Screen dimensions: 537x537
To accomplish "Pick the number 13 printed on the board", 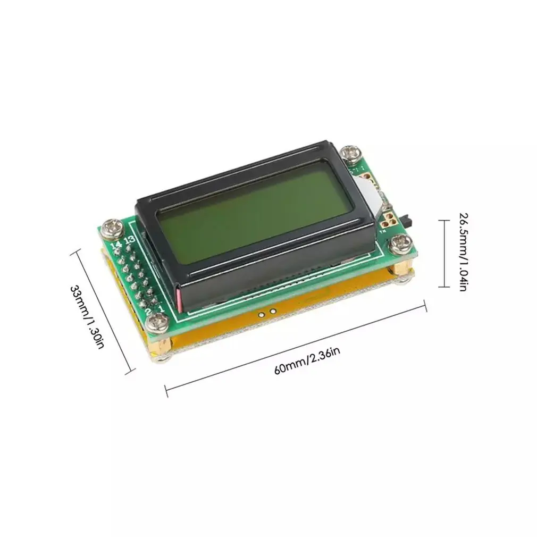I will tap(128, 240).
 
